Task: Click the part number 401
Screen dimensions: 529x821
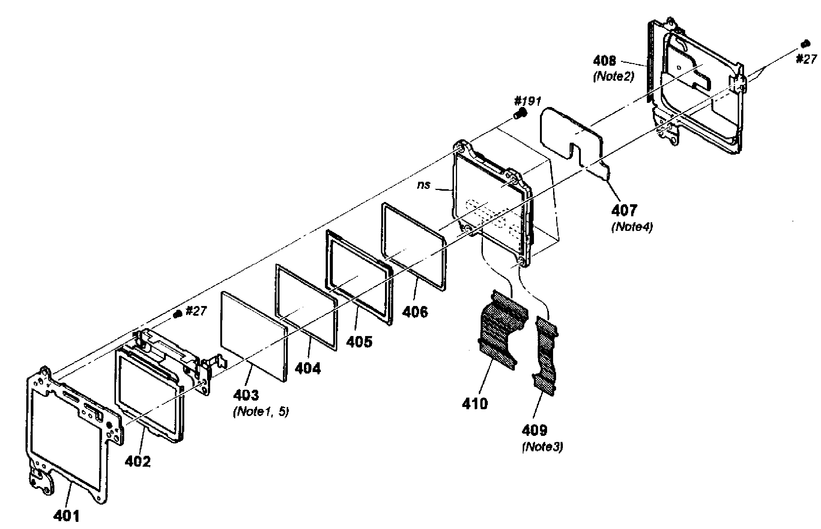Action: [x=66, y=516]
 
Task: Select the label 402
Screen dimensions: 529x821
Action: [x=138, y=461]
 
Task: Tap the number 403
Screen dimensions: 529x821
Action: [x=246, y=395]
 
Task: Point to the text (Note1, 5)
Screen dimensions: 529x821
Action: [x=261, y=412]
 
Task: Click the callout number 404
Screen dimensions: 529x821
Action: [x=308, y=368]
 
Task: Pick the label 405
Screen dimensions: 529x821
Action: [x=359, y=341]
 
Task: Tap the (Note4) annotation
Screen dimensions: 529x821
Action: [x=632, y=227]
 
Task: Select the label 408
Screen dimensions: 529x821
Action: [x=604, y=60]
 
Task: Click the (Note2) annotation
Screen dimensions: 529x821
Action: [x=613, y=77]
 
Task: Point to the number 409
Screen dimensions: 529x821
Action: [x=534, y=430]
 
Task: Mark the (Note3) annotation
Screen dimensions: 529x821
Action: [x=543, y=447]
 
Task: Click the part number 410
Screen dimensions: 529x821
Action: [x=475, y=404]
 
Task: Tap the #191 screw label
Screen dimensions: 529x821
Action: [x=528, y=101]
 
